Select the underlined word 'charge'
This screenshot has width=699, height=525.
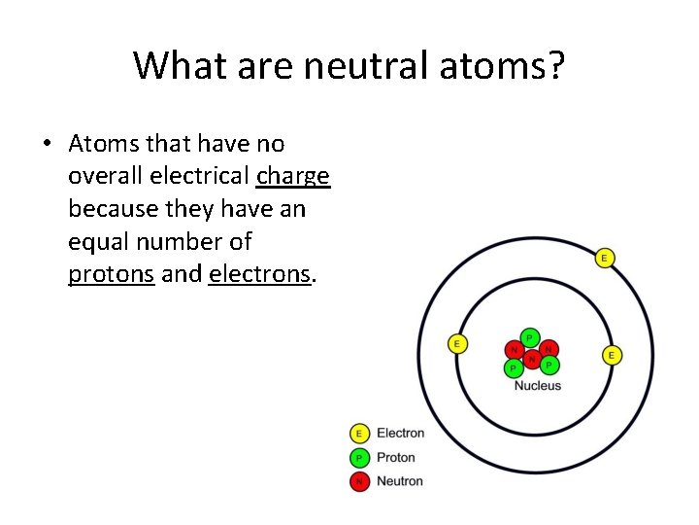[293, 176]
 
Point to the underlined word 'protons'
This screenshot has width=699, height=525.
[112, 274]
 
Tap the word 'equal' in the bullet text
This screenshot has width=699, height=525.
[98, 241]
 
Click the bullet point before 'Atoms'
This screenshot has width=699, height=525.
[47, 145]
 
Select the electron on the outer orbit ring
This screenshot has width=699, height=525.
[605, 258]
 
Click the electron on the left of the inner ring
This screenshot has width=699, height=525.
[456, 343]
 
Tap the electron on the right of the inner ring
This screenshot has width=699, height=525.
[612, 355]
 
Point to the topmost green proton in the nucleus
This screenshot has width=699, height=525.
[529, 337]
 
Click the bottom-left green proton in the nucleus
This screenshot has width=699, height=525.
[512, 367]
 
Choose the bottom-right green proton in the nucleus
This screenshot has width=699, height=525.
[549, 366]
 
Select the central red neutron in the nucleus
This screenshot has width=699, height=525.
[531, 359]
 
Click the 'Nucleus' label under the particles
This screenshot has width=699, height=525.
[537, 386]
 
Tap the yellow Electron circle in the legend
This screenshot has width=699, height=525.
[359, 434]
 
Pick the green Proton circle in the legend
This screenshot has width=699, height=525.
[359, 457]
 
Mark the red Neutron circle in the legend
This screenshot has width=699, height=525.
[359, 480]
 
